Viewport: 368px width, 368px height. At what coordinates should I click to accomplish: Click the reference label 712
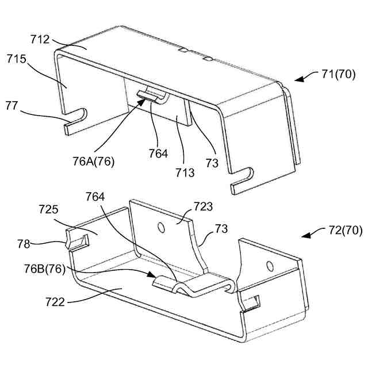pos(40,40)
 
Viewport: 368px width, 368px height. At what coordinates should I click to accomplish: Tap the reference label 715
pos(16,59)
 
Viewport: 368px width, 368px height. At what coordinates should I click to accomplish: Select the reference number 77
pos(11,106)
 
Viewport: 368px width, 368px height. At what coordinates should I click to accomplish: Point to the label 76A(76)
pos(93,161)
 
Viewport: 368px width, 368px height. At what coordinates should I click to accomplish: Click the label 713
pos(185,172)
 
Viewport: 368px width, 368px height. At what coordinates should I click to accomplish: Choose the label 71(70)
pos(338,74)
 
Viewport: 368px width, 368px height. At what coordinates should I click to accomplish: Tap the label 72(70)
pos(345,230)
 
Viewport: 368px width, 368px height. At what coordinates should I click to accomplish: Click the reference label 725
pos(48,209)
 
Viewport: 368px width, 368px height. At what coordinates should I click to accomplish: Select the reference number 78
pos(24,244)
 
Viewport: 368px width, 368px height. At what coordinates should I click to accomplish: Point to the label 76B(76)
pos(45,269)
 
